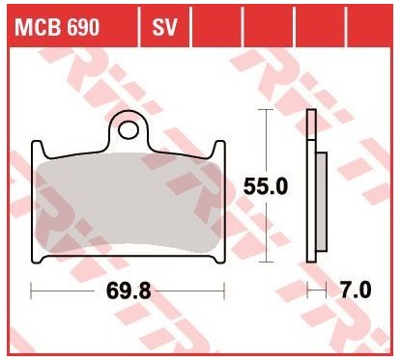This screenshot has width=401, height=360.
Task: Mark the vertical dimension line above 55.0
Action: [266, 140]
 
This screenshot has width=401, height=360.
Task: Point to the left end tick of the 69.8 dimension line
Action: [32, 289]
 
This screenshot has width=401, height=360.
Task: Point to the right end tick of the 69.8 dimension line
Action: [225, 289]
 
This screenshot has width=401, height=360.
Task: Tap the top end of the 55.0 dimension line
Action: [266, 109]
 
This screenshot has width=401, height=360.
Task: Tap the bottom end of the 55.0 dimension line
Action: [266, 262]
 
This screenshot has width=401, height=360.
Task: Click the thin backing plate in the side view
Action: [310, 185]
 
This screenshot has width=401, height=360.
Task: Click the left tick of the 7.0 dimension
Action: [308, 289]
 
